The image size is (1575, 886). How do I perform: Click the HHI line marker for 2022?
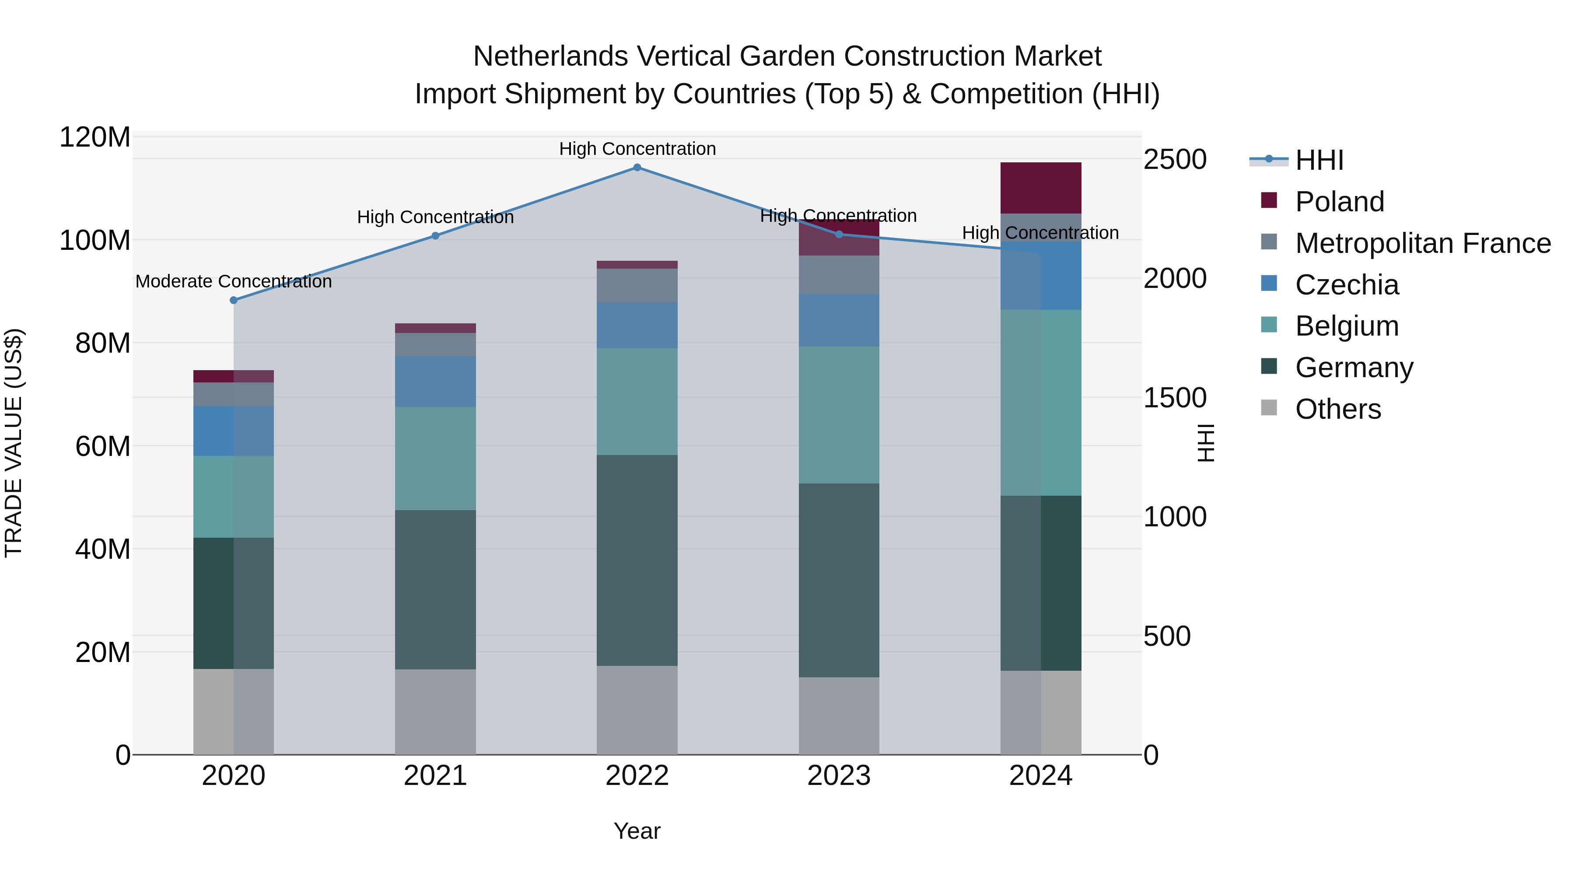pyautogui.click(x=637, y=168)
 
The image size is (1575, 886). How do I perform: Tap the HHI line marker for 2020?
pyautogui.click(x=234, y=300)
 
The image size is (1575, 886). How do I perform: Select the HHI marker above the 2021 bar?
pyautogui.click(x=435, y=236)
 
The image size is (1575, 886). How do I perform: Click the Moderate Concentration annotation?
pyautogui.click(x=234, y=282)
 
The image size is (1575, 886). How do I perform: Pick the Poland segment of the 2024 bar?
pyautogui.click(x=1041, y=188)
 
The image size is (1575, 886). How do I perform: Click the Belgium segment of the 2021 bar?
pyautogui.click(x=435, y=459)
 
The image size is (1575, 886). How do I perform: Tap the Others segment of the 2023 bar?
pyautogui.click(x=839, y=715)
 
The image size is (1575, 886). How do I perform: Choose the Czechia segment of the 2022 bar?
pyautogui.click(x=637, y=325)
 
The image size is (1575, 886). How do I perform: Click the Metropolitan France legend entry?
pyautogui.click(x=1423, y=243)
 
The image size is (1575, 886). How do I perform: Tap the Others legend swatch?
pyautogui.click(x=1269, y=408)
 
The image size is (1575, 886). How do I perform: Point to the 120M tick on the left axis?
pyautogui.click(x=95, y=137)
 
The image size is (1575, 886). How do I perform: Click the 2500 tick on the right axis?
pyautogui.click(x=1175, y=160)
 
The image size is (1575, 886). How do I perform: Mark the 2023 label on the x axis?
pyautogui.click(x=839, y=776)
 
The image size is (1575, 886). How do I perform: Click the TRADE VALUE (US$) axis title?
pyautogui.click(x=14, y=443)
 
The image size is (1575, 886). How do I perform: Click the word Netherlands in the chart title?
pyautogui.click(x=550, y=57)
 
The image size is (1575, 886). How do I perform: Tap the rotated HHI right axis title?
pyautogui.click(x=1205, y=443)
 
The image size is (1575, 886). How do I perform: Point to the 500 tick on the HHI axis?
pyautogui.click(x=1166, y=637)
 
